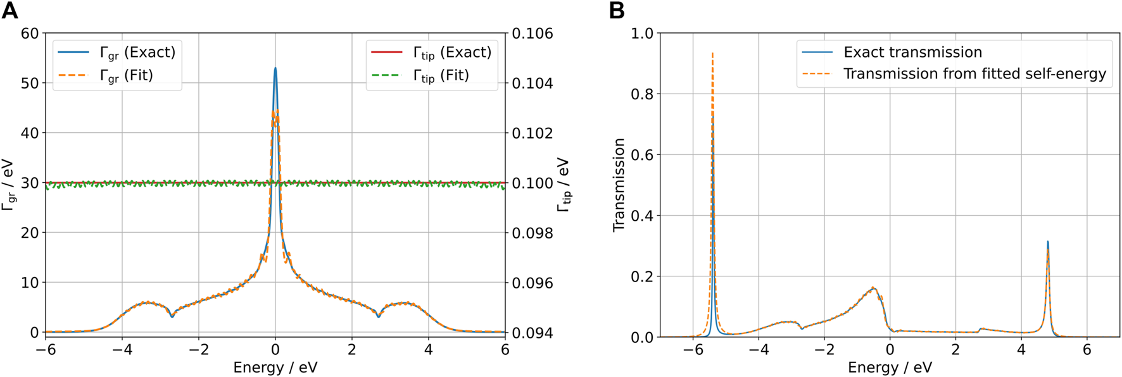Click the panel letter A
pyautogui.click(x=9, y=11)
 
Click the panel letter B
pyautogui.click(x=616, y=11)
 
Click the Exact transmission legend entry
pyautogui.click(x=912, y=52)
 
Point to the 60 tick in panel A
pyautogui.click(x=30, y=34)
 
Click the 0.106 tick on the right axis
pyautogui.click(x=532, y=34)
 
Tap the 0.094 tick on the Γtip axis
pyautogui.click(x=532, y=333)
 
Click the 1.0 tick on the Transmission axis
pyautogui.click(x=641, y=34)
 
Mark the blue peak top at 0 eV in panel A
pyautogui.click(x=275, y=68)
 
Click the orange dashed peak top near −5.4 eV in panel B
pyautogui.click(x=712, y=54)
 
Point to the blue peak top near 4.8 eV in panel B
pyautogui.click(x=1048, y=242)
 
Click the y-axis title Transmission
pyautogui.click(x=619, y=185)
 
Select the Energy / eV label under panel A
pyautogui.click(x=275, y=368)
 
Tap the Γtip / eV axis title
pyautogui.click(x=563, y=185)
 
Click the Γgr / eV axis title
pyautogui.click(x=8, y=185)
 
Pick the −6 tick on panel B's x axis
pyautogui.click(x=693, y=350)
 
